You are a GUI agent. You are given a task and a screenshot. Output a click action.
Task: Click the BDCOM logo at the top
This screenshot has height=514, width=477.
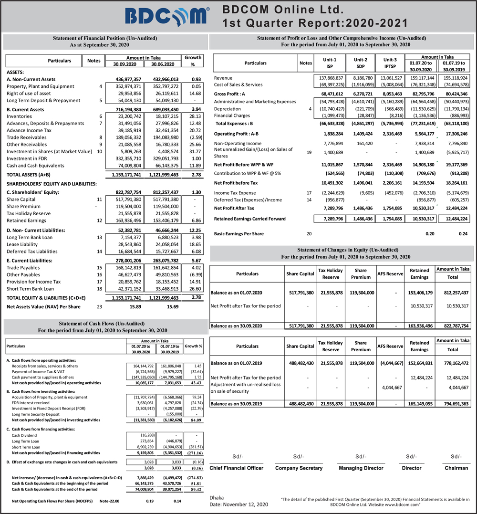(167, 16)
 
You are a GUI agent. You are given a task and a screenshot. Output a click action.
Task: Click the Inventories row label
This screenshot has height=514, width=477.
(20, 116)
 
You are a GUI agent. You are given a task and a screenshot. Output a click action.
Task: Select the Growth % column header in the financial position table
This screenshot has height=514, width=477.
(193, 61)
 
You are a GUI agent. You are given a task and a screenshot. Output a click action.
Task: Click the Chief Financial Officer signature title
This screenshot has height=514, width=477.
(236, 468)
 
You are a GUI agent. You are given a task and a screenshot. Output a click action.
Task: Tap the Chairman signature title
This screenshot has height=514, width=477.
(456, 468)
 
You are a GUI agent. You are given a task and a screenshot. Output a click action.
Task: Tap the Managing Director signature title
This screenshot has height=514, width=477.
(361, 468)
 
